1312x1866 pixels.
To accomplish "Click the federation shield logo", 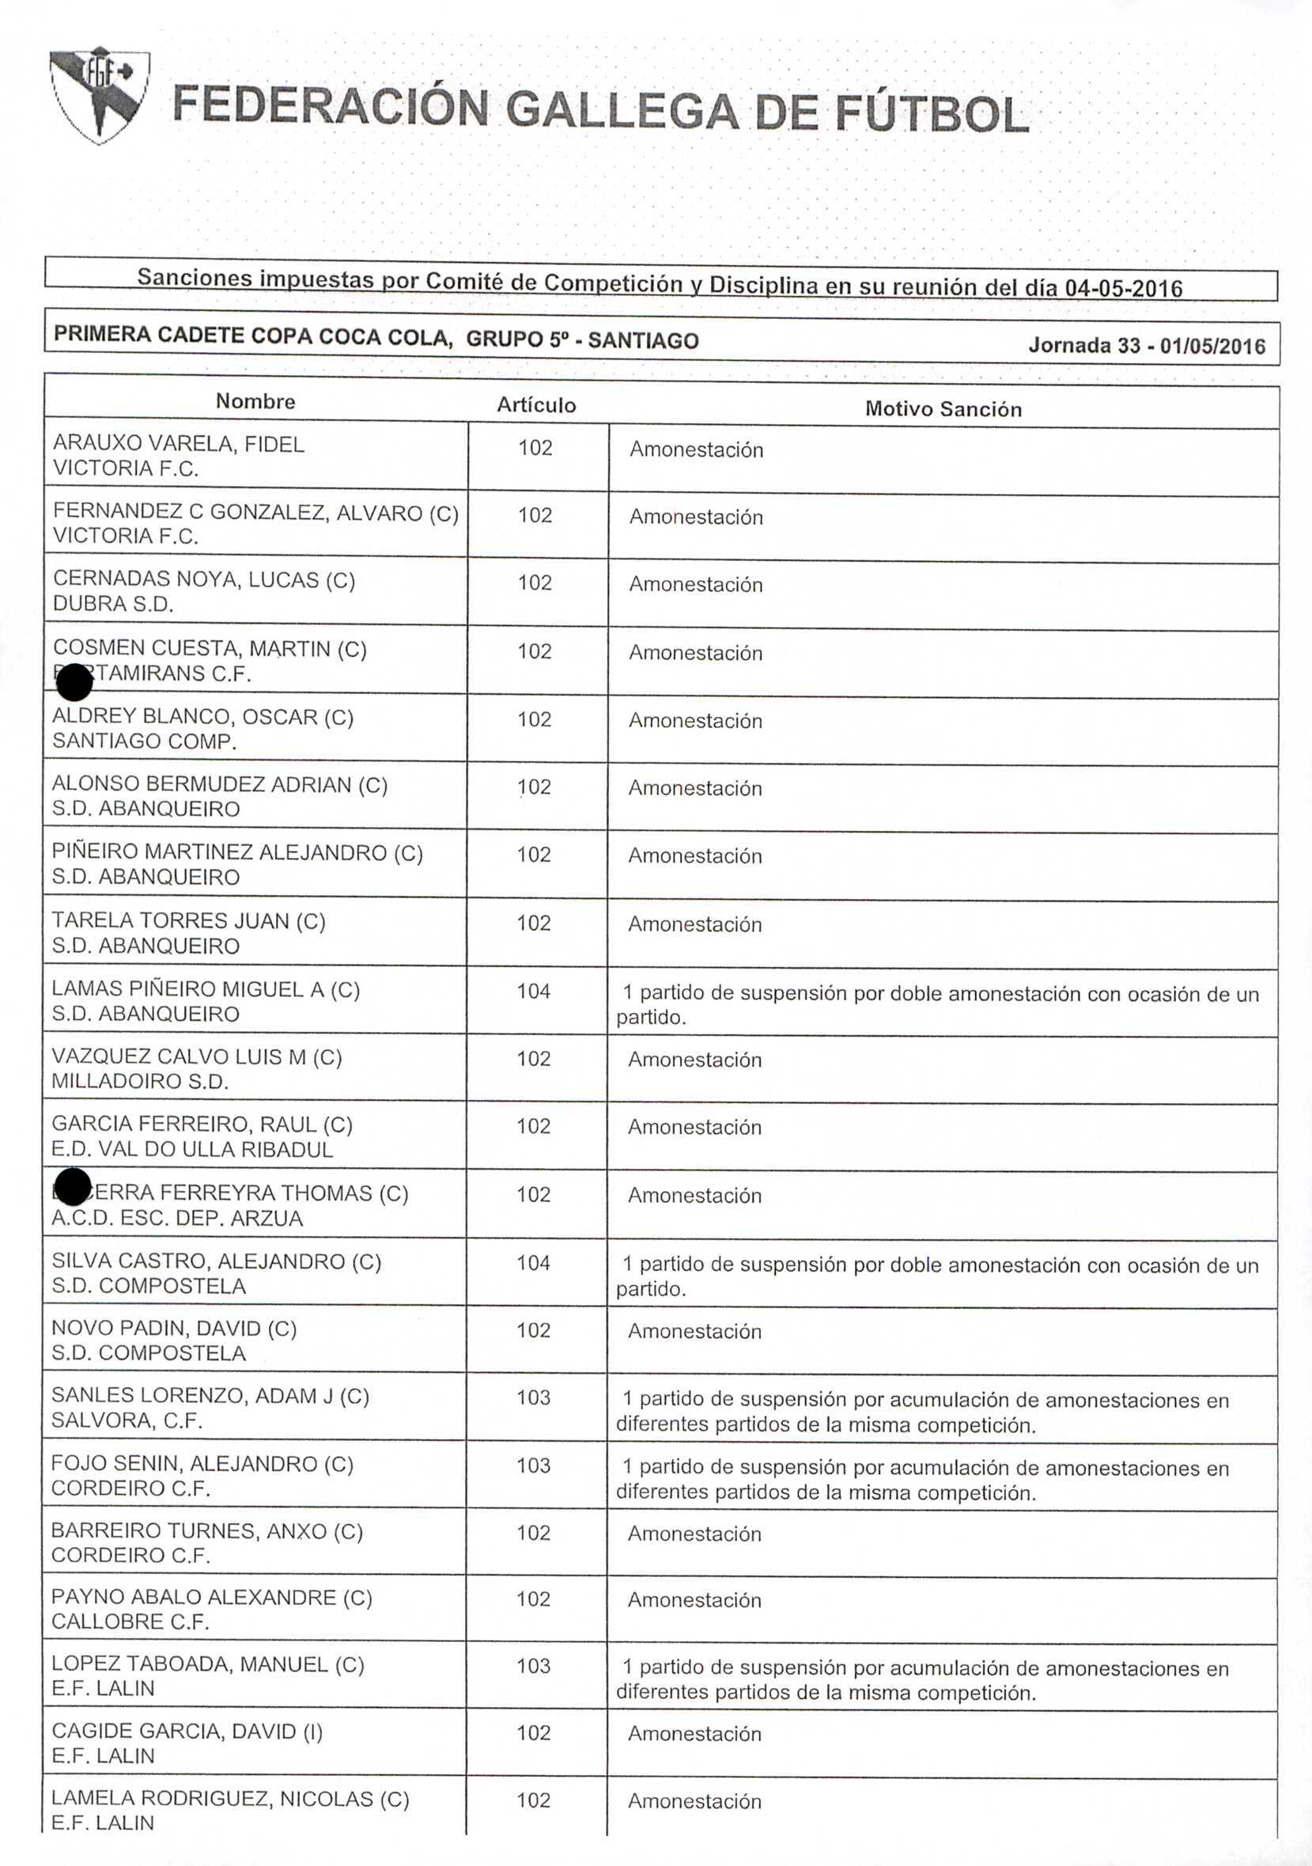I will pyautogui.click(x=99, y=94).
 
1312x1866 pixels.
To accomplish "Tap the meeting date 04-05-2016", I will pyautogui.click(x=1123, y=288).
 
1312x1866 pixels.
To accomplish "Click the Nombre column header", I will pyautogui.click(x=255, y=401).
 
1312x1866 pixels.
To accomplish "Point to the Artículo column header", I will pyautogui.click(x=536, y=405).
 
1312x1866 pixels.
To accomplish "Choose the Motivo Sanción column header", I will pyautogui.click(x=943, y=409).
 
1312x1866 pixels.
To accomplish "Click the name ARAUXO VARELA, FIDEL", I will pyautogui.click(x=179, y=444).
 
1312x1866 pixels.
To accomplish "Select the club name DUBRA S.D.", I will pyautogui.click(x=113, y=604).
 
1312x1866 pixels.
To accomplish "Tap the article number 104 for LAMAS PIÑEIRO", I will pyautogui.click(x=534, y=992).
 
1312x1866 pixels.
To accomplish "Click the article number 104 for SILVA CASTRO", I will pyautogui.click(x=534, y=1263).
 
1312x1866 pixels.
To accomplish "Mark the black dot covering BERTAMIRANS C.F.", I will pyautogui.click(x=75, y=682).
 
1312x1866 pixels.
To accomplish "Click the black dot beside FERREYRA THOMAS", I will pyautogui.click(x=73, y=1187).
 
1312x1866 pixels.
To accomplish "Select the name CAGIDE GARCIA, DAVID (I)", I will pyautogui.click(x=187, y=1731).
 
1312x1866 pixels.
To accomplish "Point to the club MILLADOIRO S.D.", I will pyautogui.click(x=140, y=1082).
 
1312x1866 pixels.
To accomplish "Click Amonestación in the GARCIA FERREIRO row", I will pyautogui.click(x=694, y=1127).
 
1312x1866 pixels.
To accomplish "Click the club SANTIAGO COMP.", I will pyautogui.click(x=144, y=741).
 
